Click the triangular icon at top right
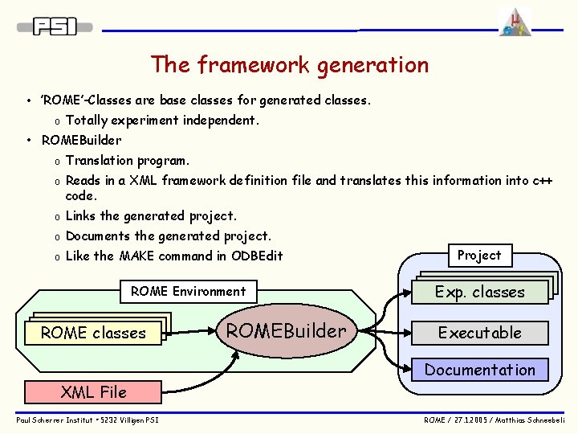coord(514,22)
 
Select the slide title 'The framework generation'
coord(289,64)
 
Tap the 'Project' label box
coord(479,256)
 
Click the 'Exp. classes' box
coord(479,292)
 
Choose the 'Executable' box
coord(479,333)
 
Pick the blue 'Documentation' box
coord(479,370)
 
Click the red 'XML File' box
coord(94,392)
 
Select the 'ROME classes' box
coord(93,333)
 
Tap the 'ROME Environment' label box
coord(188,291)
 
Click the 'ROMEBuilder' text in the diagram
coord(286,330)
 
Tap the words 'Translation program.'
coord(128,161)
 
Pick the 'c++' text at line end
coord(543,181)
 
